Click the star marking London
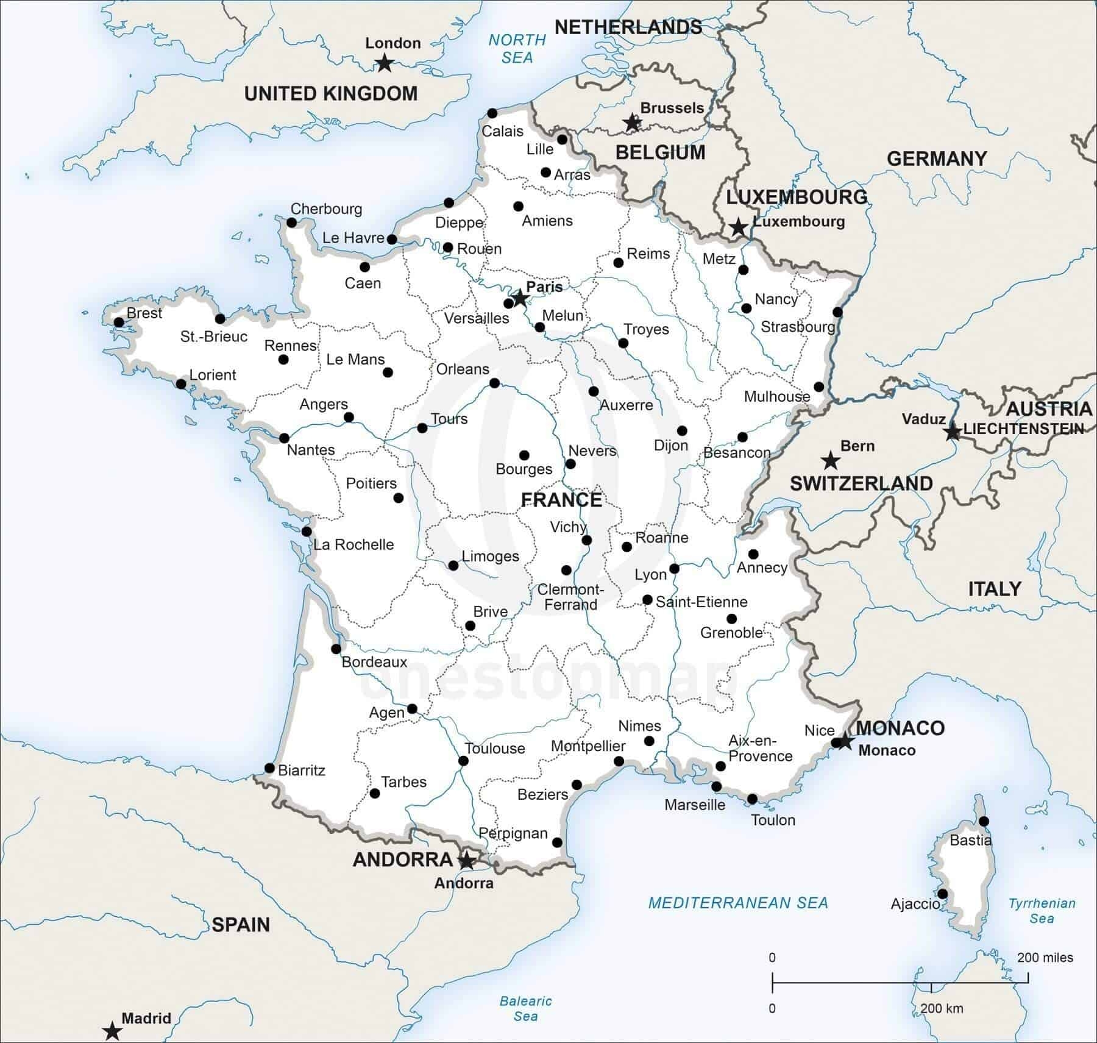pos(384,62)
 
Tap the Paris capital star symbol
pos(520,297)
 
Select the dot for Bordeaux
pos(336,649)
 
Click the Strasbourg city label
pos(797,327)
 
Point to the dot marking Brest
pos(119,322)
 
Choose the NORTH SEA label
pos(517,49)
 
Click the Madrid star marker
pos(112,1031)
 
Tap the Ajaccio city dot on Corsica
pos(942,894)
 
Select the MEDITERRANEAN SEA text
pos(738,903)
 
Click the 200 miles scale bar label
pos(1045,958)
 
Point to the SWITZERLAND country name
pos(861,483)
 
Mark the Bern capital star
pos(829,460)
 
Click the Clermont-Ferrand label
pos(570,597)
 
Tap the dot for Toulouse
pos(463,761)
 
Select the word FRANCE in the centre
pos(561,500)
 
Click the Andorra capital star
pos(466,861)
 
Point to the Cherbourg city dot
pos(291,223)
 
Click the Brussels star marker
pos(633,123)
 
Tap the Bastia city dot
pos(984,821)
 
